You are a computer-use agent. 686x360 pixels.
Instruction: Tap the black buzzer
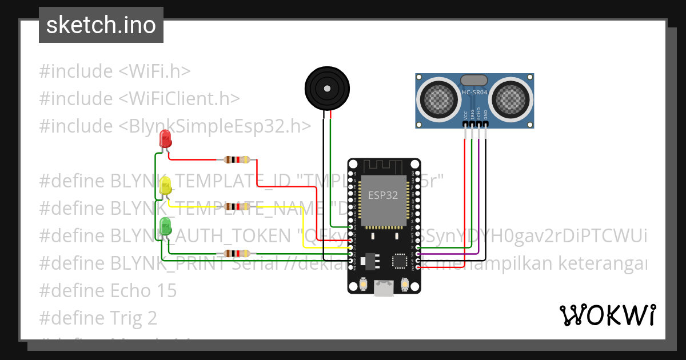click(x=326, y=89)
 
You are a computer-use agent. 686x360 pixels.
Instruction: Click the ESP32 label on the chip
click(x=383, y=194)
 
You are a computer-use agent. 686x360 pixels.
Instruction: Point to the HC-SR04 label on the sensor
click(x=474, y=92)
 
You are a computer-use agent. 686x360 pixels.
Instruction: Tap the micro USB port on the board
click(x=384, y=288)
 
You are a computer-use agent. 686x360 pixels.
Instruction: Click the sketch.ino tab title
click(x=101, y=25)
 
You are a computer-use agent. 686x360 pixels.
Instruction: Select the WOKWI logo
click(x=607, y=314)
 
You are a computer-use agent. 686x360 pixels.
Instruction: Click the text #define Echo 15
click(x=108, y=290)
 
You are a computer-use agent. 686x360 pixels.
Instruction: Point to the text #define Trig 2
click(x=98, y=318)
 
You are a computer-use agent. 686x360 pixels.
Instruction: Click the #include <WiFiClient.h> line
click(x=139, y=98)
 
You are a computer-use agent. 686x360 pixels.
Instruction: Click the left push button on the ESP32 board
click(x=364, y=284)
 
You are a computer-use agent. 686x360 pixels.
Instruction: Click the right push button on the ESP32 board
click(x=405, y=284)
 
